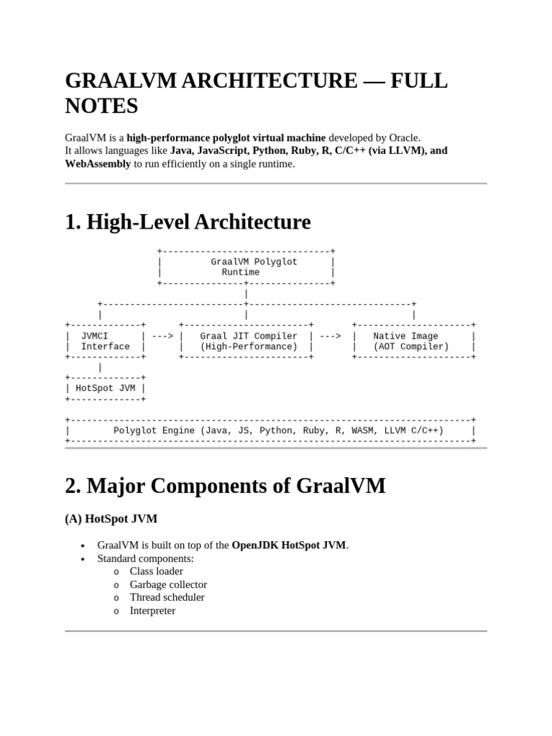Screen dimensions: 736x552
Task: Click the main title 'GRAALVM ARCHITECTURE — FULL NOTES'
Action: click(256, 93)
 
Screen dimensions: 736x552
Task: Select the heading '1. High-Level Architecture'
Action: click(188, 222)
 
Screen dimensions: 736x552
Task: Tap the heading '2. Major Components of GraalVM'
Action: click(225, 486)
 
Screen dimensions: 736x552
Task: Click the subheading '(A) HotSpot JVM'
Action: click(111, 518)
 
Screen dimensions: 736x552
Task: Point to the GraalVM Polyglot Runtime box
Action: click(245, 267)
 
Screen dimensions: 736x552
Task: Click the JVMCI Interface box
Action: click(105, 341)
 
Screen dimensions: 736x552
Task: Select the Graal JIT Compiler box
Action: click(246, 341)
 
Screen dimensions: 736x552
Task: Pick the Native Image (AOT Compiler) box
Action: click(413, 341)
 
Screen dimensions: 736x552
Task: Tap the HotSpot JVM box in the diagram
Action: click(105, 388)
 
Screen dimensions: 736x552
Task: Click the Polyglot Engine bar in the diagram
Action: click(270, 431)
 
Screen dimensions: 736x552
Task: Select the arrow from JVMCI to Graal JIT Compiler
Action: click(162, 336)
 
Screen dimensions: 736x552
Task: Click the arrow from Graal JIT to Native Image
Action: click(330, 336)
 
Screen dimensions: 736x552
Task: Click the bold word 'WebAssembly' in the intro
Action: click(98, 164)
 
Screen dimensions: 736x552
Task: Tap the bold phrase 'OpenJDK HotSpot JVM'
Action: click(288, 545)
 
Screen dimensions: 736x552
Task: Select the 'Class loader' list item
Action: click(156, 571)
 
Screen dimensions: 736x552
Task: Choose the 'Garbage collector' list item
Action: click(168, 584)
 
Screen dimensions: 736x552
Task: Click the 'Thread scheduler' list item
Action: click(167, 597)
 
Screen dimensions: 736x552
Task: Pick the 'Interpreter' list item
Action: click(152, 611)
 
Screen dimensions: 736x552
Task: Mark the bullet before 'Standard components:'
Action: click(83, 558)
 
